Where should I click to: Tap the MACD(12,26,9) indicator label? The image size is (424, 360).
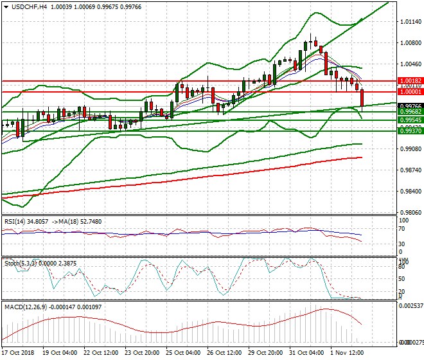(x=25, y=306)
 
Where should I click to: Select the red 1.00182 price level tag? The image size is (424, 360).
(x=409, y=81)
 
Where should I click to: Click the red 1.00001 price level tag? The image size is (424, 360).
(x=409, y=92)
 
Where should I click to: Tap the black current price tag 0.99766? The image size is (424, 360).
(x=409, y=106)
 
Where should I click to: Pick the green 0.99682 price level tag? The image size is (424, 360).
(x=409, y=112)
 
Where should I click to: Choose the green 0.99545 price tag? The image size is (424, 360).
(x=409, y=120)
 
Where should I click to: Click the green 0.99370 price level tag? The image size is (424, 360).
(x=409, y=131)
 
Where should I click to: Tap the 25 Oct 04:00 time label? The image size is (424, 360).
(x=182, y=353)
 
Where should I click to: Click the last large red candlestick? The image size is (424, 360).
(x=363, y=98)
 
